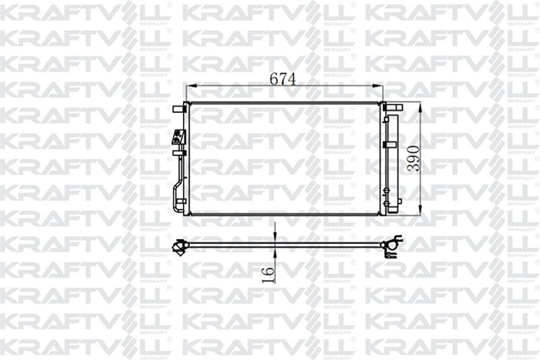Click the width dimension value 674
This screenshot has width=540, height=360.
[282, 79]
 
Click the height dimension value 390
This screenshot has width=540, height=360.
[413, 158]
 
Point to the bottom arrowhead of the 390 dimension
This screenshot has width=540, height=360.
[421, 212]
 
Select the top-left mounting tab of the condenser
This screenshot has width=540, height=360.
[178, 109]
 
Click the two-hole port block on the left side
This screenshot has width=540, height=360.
[178, 136]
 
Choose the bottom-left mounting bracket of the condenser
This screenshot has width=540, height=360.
[180, 201]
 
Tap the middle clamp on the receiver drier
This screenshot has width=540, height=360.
[389, 144]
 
